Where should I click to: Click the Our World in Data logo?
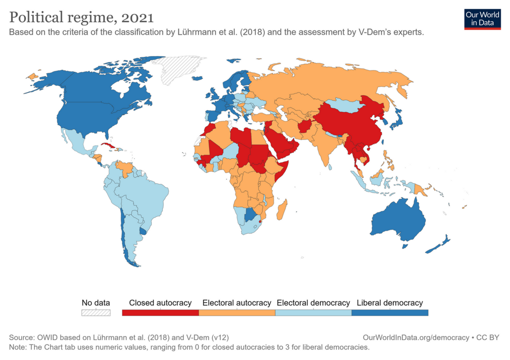pos(482,19)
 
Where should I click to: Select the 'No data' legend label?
pos(96,303)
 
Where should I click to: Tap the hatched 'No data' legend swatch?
pos(96,313)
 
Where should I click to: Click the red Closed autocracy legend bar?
pos(160,313)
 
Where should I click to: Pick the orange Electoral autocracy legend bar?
pos(237,313)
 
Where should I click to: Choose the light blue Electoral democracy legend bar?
pos(313,313)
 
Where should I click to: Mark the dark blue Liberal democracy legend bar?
pos(390,313)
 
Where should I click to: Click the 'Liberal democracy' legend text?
pos(390,303)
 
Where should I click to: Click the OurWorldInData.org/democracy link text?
pos(416,337)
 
